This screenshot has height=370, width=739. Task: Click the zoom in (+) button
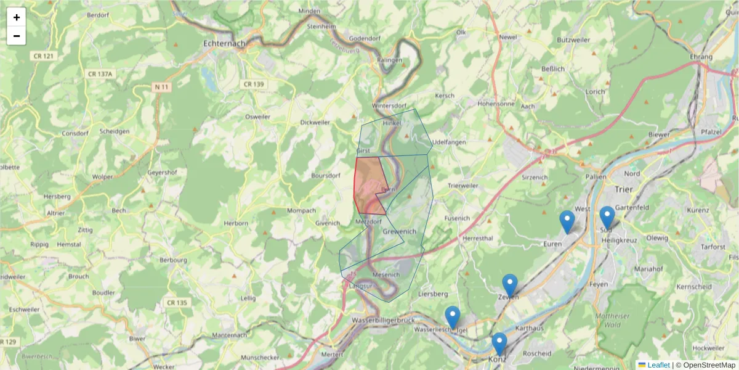tap(17, 17)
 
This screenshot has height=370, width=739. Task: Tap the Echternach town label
tap(224, 44)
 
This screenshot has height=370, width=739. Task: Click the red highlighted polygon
tap(368, 185)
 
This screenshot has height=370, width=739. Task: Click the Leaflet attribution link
tap(658, 365)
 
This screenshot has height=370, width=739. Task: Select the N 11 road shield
tap(161, 87)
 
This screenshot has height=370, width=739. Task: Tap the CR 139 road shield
tap(254, 84)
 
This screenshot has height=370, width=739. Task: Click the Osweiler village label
tap(258, 116)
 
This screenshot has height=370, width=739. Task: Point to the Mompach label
tap(302, 210)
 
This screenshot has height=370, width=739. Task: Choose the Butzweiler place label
tap(573, 39)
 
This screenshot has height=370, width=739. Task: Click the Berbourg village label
tap(173, 260)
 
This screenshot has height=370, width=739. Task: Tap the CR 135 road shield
tap(177, 302)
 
